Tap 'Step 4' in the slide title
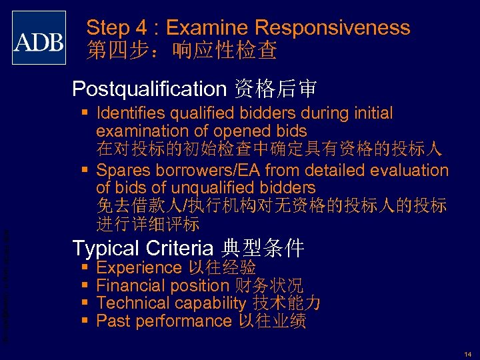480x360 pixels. point(117,28)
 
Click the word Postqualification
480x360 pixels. point(149,88)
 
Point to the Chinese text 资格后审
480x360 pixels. point(274,88)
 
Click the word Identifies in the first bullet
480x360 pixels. point(133,113)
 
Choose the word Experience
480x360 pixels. point(139,268)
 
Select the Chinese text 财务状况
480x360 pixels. point(269,286)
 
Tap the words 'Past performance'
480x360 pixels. point(163,321)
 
